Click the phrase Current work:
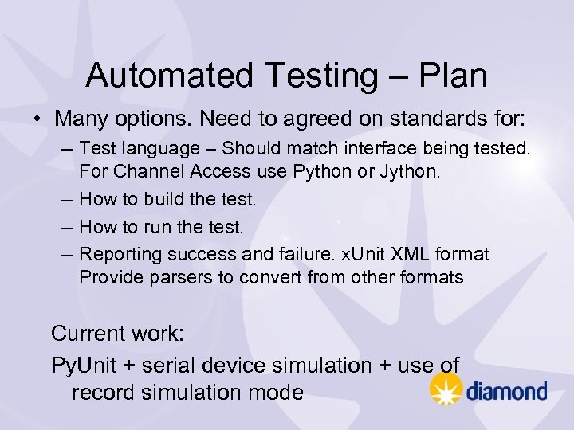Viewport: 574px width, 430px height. (x=117, y=333)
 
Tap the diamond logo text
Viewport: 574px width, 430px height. (x=506, y=390)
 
